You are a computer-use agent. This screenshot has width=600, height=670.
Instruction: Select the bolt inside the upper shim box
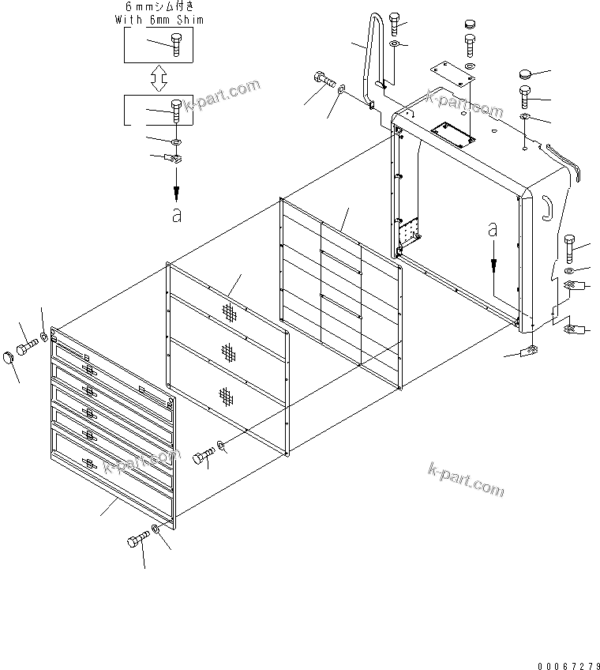pyautogui.click(x=175, y=45)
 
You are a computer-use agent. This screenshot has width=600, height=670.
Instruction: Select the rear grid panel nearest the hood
pyautogui.click(x=341, y=292)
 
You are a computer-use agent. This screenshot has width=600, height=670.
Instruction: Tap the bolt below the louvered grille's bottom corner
pyautogui.click(x=137, y=541)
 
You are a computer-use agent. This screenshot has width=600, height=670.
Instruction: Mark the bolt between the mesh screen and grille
pyautogui.click(x=203, y=456)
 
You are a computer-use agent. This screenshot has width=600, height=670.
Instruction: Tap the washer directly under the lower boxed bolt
pyautogui.click(x=174, y=141)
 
